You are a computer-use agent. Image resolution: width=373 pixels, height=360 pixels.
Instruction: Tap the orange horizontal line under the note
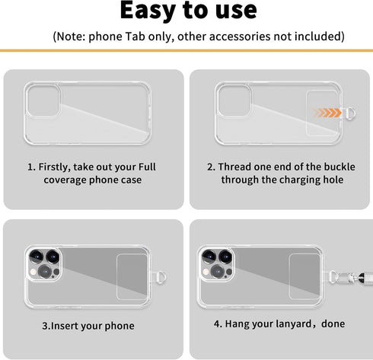186,50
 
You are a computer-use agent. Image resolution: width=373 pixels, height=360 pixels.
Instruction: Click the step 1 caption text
92,174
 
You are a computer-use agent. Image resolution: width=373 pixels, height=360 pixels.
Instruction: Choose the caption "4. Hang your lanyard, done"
279,323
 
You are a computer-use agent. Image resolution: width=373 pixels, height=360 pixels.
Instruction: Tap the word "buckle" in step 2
323,167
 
